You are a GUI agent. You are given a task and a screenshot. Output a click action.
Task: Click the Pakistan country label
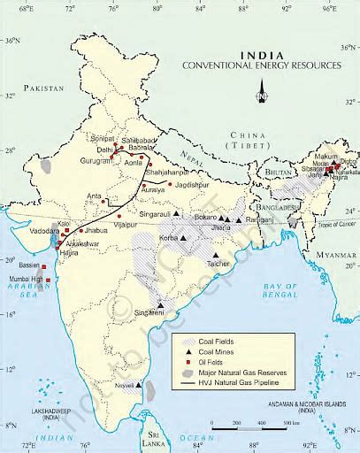pyautogui.click(x=46, y=88)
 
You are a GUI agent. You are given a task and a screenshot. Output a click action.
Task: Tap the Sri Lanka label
pyautogui.click(x=158, y=439)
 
